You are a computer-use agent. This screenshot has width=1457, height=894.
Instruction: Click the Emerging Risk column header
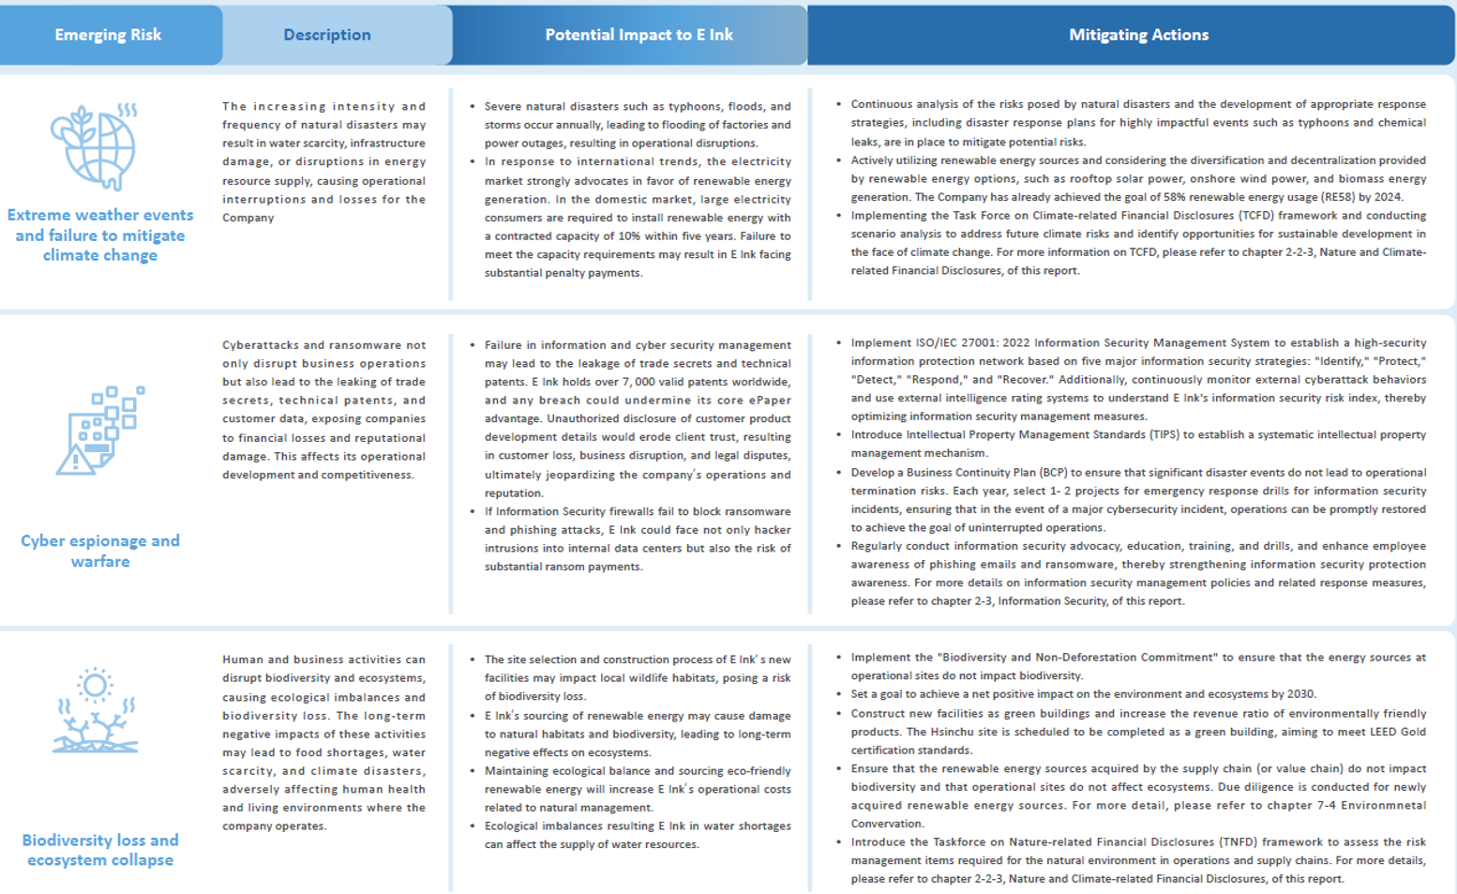click(108, 35)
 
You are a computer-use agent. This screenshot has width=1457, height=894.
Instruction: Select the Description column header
click(327, 35)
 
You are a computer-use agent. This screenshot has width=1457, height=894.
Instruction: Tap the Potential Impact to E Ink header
click(638, 35)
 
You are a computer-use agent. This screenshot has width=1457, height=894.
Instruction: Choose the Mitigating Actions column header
click(1138, 35)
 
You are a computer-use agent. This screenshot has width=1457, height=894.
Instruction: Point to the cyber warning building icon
click(101, 430)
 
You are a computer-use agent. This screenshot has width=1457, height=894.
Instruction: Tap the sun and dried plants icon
click(95, 710)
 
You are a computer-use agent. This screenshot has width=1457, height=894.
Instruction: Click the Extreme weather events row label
click(100, 235)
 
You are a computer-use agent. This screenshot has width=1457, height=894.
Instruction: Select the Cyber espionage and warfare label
click(100, 551)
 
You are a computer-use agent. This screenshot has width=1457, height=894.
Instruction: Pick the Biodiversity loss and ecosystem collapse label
click(100, 850)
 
